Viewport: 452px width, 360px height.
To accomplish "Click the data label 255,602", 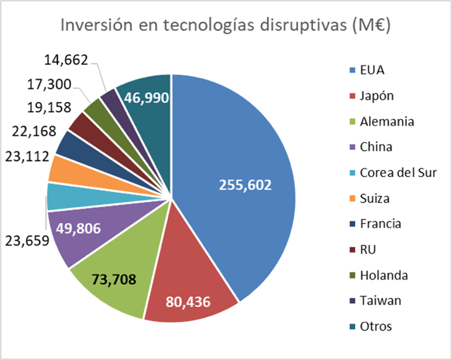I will click(245, 185).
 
